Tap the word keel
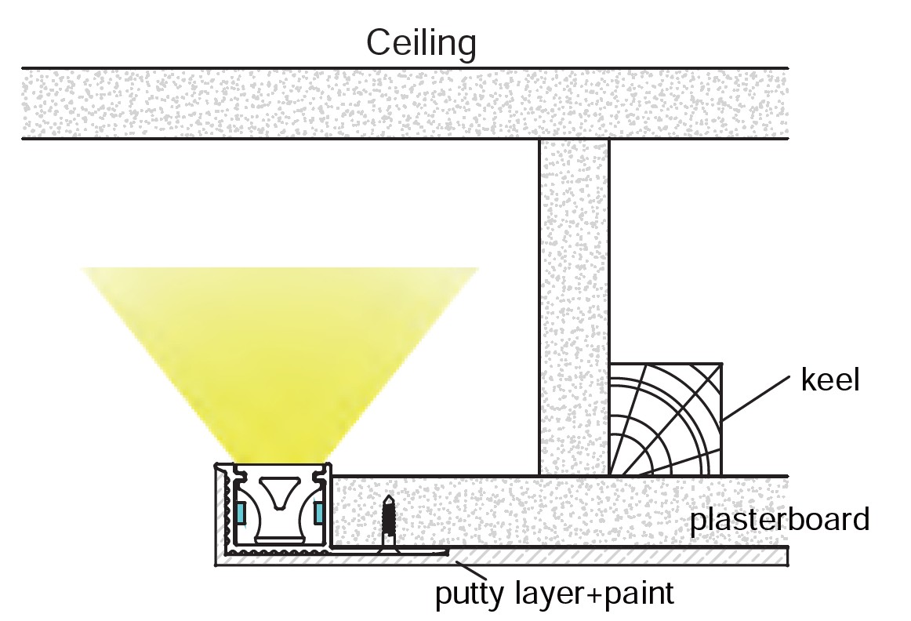(830, 381)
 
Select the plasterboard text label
(779, 519)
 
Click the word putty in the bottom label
(468, 594)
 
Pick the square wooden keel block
(665, 419)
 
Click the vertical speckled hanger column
(574, 306)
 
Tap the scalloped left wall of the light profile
(226, 510)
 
